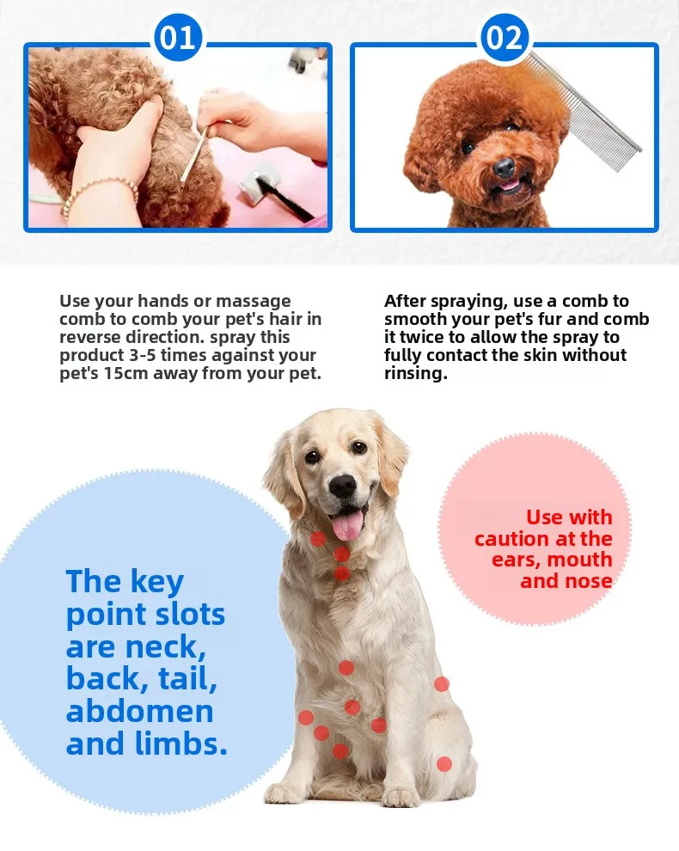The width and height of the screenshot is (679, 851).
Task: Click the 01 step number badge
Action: pyautogui.click(x=177, y=37)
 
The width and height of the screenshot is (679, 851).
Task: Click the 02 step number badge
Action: pyautogui.click(x=505, y=37)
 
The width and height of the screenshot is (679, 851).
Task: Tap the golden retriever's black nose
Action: pyautogui.click(x=343, y=486)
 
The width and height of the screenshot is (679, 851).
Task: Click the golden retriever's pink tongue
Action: pyautogui.click(x=347, y=525)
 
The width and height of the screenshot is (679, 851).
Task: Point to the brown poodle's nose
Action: pyautogui.click(x=504, y=167)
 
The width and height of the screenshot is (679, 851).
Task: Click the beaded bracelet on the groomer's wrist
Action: pyautogui.click(x=98, y=195)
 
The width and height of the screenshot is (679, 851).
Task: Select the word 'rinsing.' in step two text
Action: pyautogui.click(x=416, y=373)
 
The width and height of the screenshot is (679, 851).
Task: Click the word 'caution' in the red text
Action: pyautogui.click(x=512, y=539)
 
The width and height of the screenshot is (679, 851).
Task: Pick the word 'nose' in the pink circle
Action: pyautogui.click(x=589, y=581)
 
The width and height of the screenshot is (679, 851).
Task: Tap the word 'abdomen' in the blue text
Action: pyautogui.click(x=139, y=711)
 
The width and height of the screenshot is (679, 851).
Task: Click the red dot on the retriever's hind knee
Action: pyautogui.click(x=444, y=764)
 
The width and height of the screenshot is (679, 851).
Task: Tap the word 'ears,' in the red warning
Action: pyautogui.click(x=517, y=560)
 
